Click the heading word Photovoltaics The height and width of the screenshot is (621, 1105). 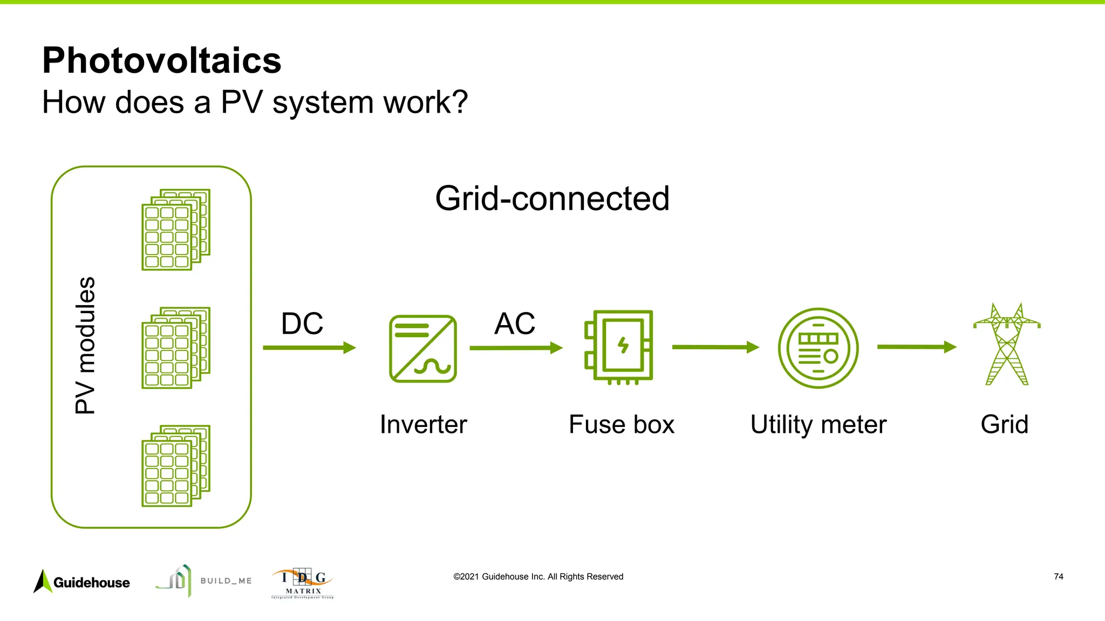point(162,60)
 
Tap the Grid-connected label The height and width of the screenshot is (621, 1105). point(552,198)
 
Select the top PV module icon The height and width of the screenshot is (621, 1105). point(175,230)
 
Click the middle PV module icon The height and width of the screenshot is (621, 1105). point(175,348)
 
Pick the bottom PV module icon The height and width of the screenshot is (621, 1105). point(175,466)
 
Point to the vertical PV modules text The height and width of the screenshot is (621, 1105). point(85,345)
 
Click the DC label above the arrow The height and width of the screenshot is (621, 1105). point(302,323)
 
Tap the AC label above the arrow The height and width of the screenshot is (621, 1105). point(514,323)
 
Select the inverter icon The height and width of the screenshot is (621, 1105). point(422,349)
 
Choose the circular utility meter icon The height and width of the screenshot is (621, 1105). point(818,348)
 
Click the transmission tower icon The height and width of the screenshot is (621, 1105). point(1006,345)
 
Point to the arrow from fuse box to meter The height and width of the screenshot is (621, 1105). point(715,347)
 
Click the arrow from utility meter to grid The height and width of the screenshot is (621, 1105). point(916,347)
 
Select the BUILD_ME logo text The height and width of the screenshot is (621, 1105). point(226,581)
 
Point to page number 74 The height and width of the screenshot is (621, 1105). point(1058,577)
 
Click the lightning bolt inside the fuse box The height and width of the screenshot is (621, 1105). point(623,345)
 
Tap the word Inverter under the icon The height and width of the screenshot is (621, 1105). point(423,424)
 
